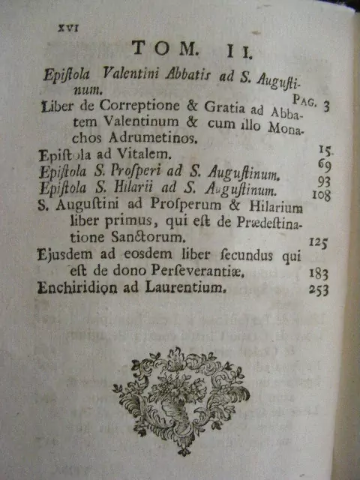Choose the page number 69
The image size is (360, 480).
tap(323, 164)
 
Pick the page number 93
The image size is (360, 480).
tap(322, 181)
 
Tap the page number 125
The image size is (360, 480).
tap(318, 241)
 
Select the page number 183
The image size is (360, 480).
tap(318, 274)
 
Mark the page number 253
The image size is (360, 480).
tap(318, 291)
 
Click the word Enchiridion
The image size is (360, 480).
tap(76, 287)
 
